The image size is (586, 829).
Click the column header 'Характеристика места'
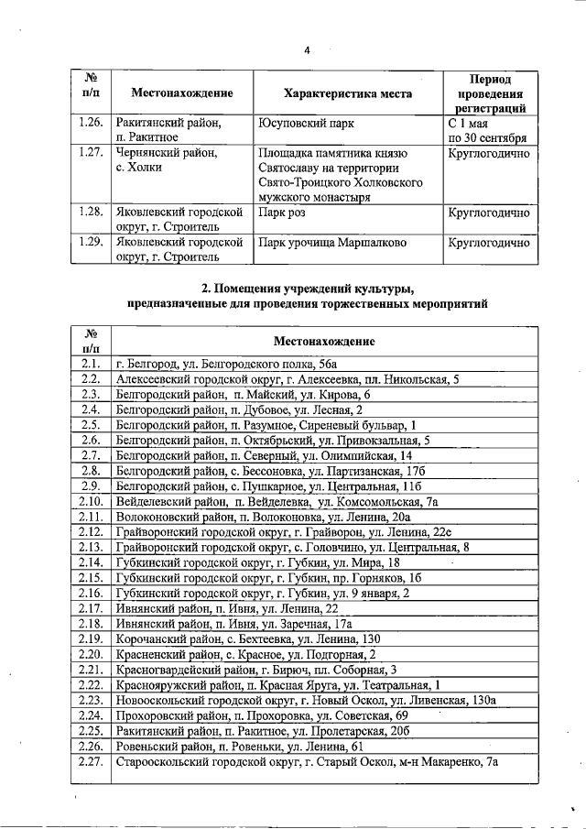coord(348,93)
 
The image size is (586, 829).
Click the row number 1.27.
coord(90,154)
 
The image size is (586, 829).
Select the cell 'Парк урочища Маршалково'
coord(331,244)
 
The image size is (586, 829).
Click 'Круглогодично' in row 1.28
coord(489,213)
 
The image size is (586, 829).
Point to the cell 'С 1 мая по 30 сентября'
coord(487,130)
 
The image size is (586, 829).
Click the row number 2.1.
coord(90,364)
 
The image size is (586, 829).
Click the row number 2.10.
coord(90,501)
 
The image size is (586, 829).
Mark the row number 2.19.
coord(90,638)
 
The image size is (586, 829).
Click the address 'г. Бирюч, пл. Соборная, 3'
coord(256,669)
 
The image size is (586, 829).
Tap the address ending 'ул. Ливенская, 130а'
coord(306,700)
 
